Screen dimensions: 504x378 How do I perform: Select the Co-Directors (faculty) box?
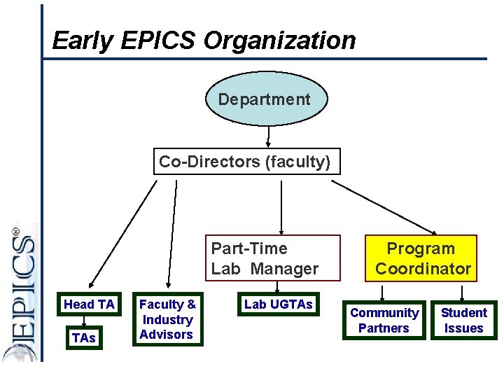(244, 162)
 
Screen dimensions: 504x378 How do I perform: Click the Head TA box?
(89, 304)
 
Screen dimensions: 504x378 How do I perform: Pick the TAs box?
(83, 337)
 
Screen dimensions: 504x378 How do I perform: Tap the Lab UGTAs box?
(278, 304)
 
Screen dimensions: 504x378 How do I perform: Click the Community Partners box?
(384, 321)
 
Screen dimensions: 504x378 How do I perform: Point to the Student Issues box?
(463, 321)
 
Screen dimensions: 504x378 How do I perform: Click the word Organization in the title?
(279, 41)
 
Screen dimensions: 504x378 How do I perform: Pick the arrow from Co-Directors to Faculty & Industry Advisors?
(171, 234)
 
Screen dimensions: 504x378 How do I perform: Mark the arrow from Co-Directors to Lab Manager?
(281, 206)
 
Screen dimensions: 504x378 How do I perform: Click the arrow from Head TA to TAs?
(84, 321)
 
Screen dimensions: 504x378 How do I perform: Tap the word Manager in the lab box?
(286, 269)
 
